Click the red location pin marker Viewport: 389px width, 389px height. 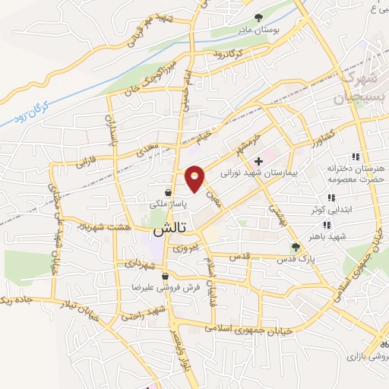click(194, 178)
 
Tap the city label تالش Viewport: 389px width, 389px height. click(171, 228)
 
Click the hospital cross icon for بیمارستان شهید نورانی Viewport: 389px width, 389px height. click(259, 161)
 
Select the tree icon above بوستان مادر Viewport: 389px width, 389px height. click(259, 17)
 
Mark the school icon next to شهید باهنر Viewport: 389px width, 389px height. click(326, 225)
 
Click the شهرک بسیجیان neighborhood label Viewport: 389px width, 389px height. click(356, 88)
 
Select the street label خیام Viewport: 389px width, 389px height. click(201, 137)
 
